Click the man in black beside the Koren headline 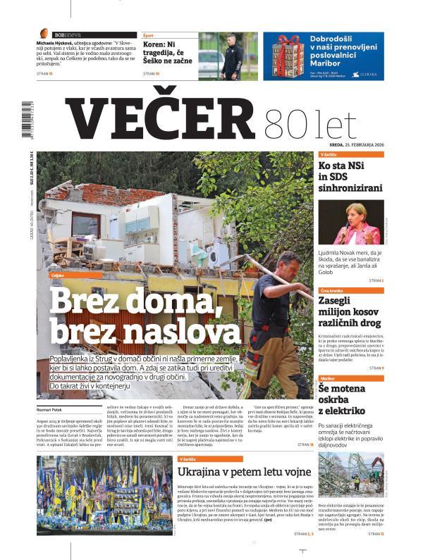(x=233, y=52)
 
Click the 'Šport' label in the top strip (x=149, y=35)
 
